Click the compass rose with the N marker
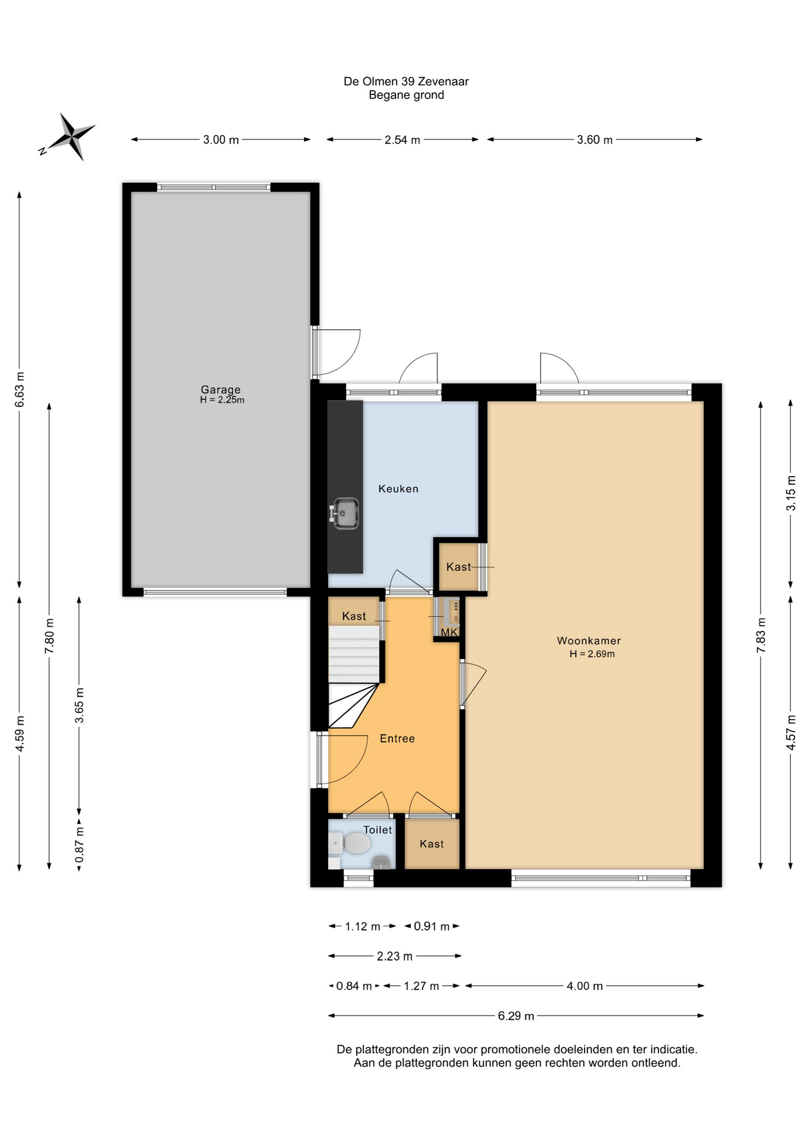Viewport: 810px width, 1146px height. pos(70,137)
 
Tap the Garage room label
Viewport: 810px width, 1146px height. pos(221,390)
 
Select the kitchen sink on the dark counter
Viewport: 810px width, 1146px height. pos(345,513)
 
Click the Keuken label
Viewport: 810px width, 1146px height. pos(398,489)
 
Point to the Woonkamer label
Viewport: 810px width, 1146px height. pos(589,641)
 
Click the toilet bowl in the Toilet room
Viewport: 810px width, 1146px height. pos(356,844)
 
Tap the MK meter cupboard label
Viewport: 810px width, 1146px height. pos(449,632)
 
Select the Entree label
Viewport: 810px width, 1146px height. pos(397,739)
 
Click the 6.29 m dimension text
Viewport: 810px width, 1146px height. pos(516,1016)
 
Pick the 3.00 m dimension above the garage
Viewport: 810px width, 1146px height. pos(221,140)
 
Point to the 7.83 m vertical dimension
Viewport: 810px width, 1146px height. pos(760,634)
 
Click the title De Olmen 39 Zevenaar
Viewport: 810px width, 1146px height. pos(406,81)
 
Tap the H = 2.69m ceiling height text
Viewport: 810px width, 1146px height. pos(592,654)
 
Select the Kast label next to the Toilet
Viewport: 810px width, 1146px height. pos(432,844)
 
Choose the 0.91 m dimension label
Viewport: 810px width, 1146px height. pos(432,926)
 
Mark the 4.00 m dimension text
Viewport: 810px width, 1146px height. pos(585,986)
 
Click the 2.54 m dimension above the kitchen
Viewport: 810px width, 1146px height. pos(403,140)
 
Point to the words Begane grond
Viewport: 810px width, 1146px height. pos(406,95)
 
